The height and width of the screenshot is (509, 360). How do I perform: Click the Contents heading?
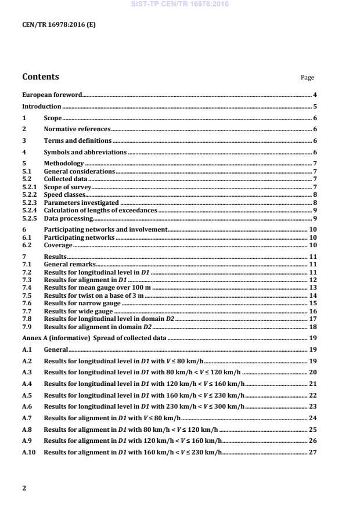click(41, 77)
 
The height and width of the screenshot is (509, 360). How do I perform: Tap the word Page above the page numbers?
click(307, 78)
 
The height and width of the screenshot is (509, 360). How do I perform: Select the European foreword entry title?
click(52, 95)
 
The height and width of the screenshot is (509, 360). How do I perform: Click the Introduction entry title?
click(41, 106)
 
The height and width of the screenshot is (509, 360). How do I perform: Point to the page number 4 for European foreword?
click(314, 95)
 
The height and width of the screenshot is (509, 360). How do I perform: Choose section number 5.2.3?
click(30, 203)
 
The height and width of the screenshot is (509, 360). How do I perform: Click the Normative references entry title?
click(77, 129)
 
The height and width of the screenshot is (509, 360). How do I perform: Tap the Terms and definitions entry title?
click(78, 140)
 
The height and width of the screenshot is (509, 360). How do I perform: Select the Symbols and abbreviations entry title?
click(85, 152)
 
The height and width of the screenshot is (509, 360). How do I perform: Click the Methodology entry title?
click(64, 164)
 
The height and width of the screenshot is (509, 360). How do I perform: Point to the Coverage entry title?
click(58, 246)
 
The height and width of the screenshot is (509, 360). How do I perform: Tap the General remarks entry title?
click(70, 264)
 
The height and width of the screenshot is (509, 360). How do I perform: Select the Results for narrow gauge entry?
click(82, 303)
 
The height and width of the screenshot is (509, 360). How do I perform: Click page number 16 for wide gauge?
click(312, 311)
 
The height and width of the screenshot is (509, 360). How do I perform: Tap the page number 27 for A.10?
click(312, 452)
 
